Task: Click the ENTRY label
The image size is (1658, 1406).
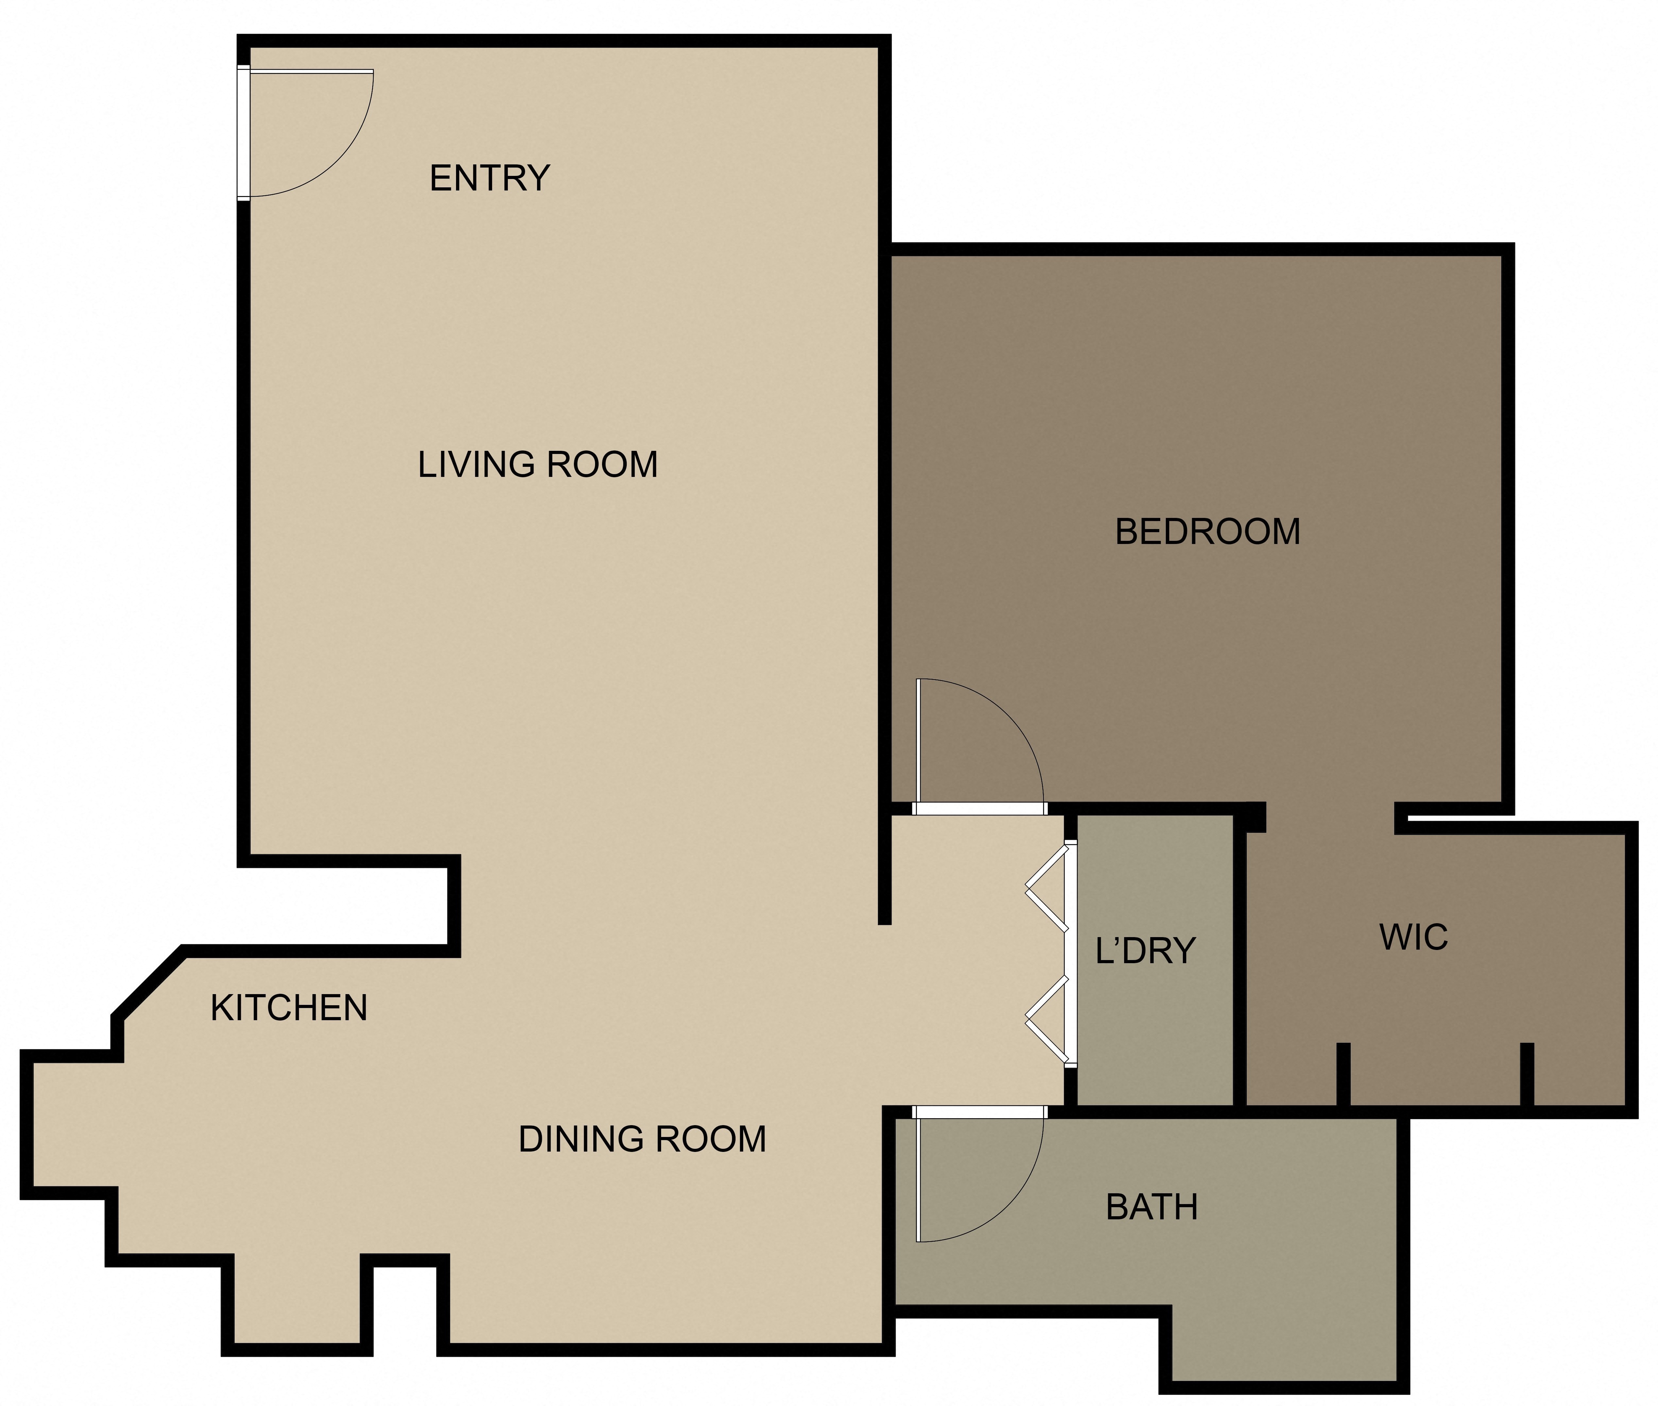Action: point(489,178)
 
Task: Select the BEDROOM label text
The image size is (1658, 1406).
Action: point(1207,531)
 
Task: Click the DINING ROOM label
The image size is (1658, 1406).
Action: point(642,1139)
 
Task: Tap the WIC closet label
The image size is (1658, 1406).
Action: point(1413,937)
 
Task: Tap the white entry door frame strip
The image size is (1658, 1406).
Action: point(243,131)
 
